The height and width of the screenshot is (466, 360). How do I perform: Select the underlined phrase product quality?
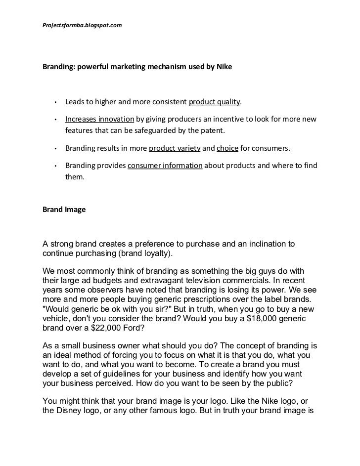214,102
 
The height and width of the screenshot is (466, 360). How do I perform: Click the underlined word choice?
227,148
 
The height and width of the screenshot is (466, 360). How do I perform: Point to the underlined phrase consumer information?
165,166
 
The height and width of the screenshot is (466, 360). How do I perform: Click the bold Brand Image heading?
64,209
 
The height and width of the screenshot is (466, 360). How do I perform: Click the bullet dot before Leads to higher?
57,103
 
